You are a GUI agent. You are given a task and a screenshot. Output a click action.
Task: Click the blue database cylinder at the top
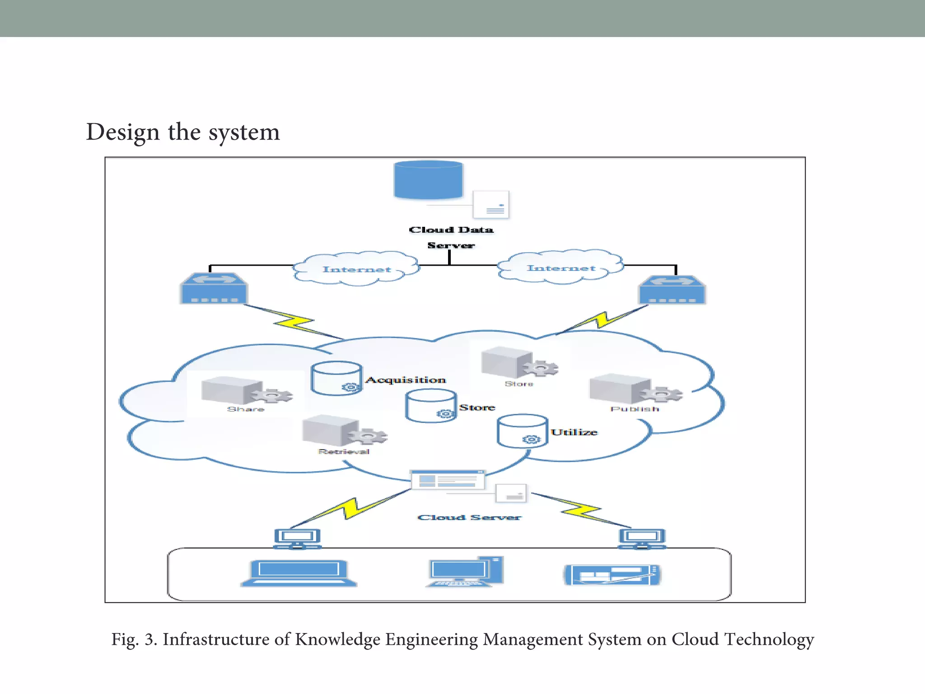point(428,180)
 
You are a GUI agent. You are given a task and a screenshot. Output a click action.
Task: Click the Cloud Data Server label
point(451,237)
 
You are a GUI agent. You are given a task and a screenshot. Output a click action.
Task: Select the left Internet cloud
point(357,269)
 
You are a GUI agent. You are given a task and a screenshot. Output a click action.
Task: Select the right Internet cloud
point(561,268)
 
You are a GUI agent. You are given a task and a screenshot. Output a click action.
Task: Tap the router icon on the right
point(672,290)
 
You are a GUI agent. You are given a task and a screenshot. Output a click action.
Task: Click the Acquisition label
point(406,380)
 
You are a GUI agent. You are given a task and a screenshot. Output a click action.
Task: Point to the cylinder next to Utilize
point(522,431)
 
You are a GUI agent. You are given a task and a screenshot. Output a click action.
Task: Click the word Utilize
point(574,432)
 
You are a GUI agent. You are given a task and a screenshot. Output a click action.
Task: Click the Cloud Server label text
point(469,517)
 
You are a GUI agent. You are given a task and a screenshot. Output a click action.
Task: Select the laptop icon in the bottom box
point(299,573)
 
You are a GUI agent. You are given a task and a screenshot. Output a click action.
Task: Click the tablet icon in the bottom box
point(612,575)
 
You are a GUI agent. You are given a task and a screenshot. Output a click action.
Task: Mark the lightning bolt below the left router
point(294,322)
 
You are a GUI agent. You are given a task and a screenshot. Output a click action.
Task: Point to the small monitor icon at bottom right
point(642,539)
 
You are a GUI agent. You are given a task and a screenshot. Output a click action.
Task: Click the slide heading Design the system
point(183,132)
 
